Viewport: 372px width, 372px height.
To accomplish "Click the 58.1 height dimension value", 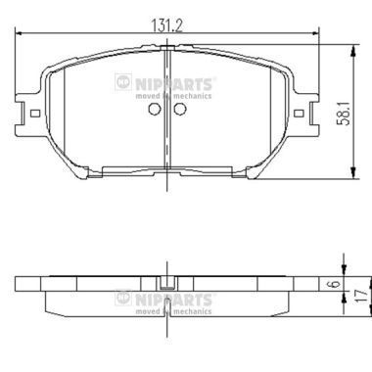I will coord(359,111).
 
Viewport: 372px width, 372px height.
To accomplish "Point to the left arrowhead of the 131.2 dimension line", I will coord(21,32).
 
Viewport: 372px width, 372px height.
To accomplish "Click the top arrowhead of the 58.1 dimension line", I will coord(349,45).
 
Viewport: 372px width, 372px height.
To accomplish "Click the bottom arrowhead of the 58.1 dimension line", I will coord(349,176).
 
